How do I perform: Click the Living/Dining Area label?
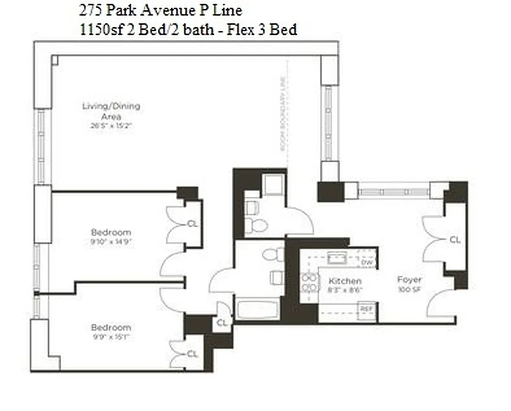pos(111,111)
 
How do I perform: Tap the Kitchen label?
pos(344,281)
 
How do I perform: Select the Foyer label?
pos(409,280)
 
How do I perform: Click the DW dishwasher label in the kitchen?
pos(367,263)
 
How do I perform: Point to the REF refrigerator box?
pos(366,309)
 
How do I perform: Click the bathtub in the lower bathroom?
pos(257,310)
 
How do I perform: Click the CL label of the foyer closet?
pos(455,239)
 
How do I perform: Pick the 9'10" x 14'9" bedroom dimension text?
pos(111,241)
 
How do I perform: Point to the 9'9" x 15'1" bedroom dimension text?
pos(111,336)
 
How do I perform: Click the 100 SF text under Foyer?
pos(409,290)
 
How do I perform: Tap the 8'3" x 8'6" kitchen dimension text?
pos(345,290)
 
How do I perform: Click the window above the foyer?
pos(393,192)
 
